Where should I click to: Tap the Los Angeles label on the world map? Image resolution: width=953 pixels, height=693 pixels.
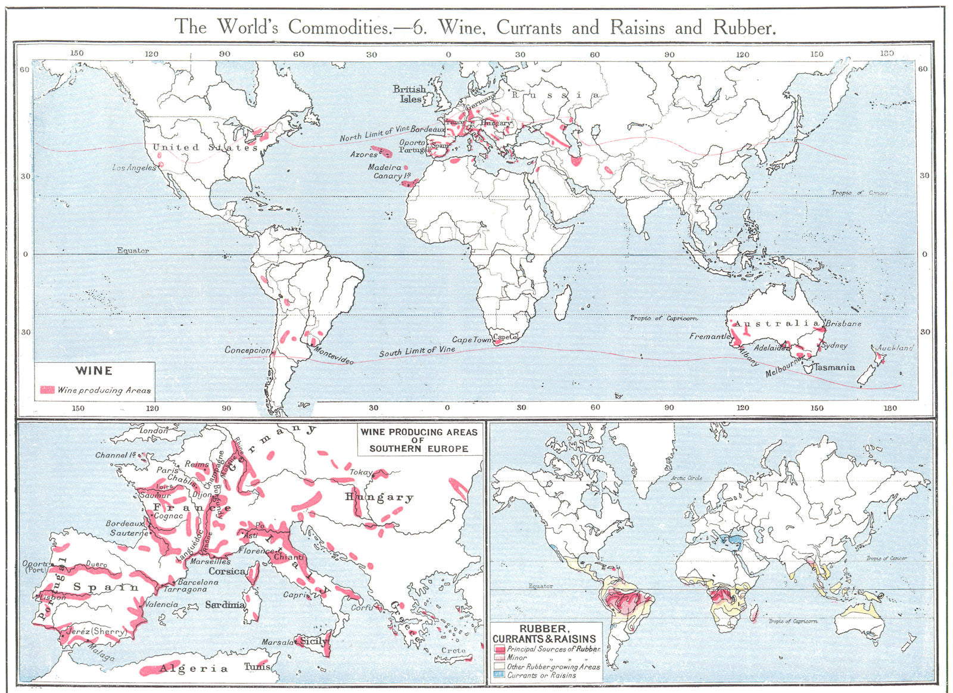134,167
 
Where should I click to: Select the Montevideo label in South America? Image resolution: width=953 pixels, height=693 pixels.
333,356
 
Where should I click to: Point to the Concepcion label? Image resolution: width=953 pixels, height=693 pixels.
247,350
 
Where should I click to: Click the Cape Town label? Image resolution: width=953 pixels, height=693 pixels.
472,340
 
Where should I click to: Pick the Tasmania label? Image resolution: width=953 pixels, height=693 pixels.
834,367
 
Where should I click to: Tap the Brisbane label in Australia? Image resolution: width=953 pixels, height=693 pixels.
843,324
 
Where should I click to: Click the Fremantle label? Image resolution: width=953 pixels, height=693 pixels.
709,336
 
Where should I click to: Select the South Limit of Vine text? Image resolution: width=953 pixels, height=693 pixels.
417,352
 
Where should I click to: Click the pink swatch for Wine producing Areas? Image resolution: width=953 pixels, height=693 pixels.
47,390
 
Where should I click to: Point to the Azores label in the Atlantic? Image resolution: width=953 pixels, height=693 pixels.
363,154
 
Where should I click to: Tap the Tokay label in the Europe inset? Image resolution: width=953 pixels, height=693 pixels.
360,472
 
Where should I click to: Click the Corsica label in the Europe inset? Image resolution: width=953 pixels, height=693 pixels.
227,571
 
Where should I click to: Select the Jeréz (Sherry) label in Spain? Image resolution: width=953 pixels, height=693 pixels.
96,631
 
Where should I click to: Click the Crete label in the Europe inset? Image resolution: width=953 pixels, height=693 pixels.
453,651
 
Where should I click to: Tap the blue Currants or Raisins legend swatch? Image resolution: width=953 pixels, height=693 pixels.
499,675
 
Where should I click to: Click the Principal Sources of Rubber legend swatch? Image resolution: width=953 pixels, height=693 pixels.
499,649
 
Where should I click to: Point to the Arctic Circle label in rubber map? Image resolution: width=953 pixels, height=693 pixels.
686,478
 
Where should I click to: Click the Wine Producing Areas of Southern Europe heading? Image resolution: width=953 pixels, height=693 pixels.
418,440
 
